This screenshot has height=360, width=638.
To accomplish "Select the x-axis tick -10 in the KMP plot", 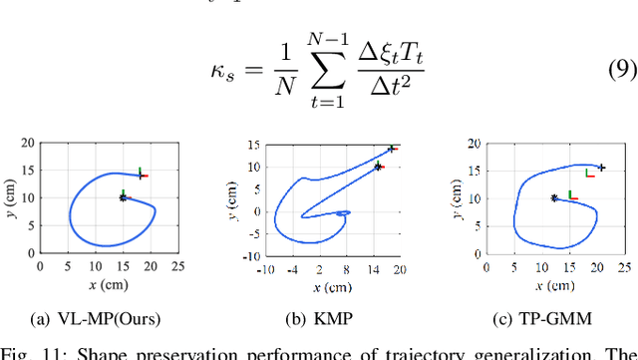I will [x=266, y=268].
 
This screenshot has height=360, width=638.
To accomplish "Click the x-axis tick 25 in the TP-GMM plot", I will [x=624, y=266].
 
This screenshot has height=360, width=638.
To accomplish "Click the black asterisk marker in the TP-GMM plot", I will [x=554, y=197].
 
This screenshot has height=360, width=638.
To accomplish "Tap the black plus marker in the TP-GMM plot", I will [x=602, y=168].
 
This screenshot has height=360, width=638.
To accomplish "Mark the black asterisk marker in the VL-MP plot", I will [x=123, y=197].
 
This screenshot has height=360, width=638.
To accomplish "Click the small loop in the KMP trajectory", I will [x=342, y=213].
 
